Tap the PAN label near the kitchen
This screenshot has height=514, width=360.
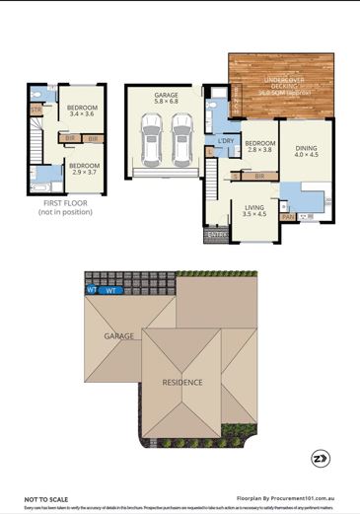tap(288, 216)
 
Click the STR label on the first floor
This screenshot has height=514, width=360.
tap(36, 110)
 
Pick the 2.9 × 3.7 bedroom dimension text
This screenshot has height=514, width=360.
tap(84, 172)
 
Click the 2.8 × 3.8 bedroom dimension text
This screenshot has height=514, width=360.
tap(259, 150)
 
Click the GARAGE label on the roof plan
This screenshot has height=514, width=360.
tap(118, 336)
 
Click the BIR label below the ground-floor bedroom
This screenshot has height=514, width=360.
tap(259, 176)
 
